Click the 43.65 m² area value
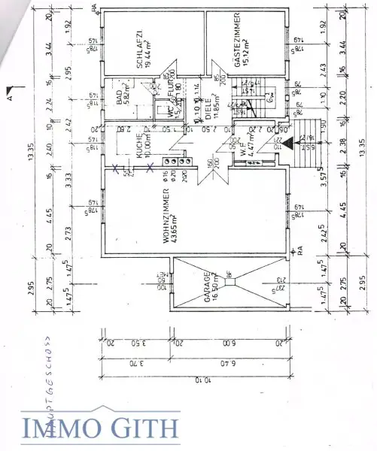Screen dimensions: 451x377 point(174,211)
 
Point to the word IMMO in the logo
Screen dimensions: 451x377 point(56,428)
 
